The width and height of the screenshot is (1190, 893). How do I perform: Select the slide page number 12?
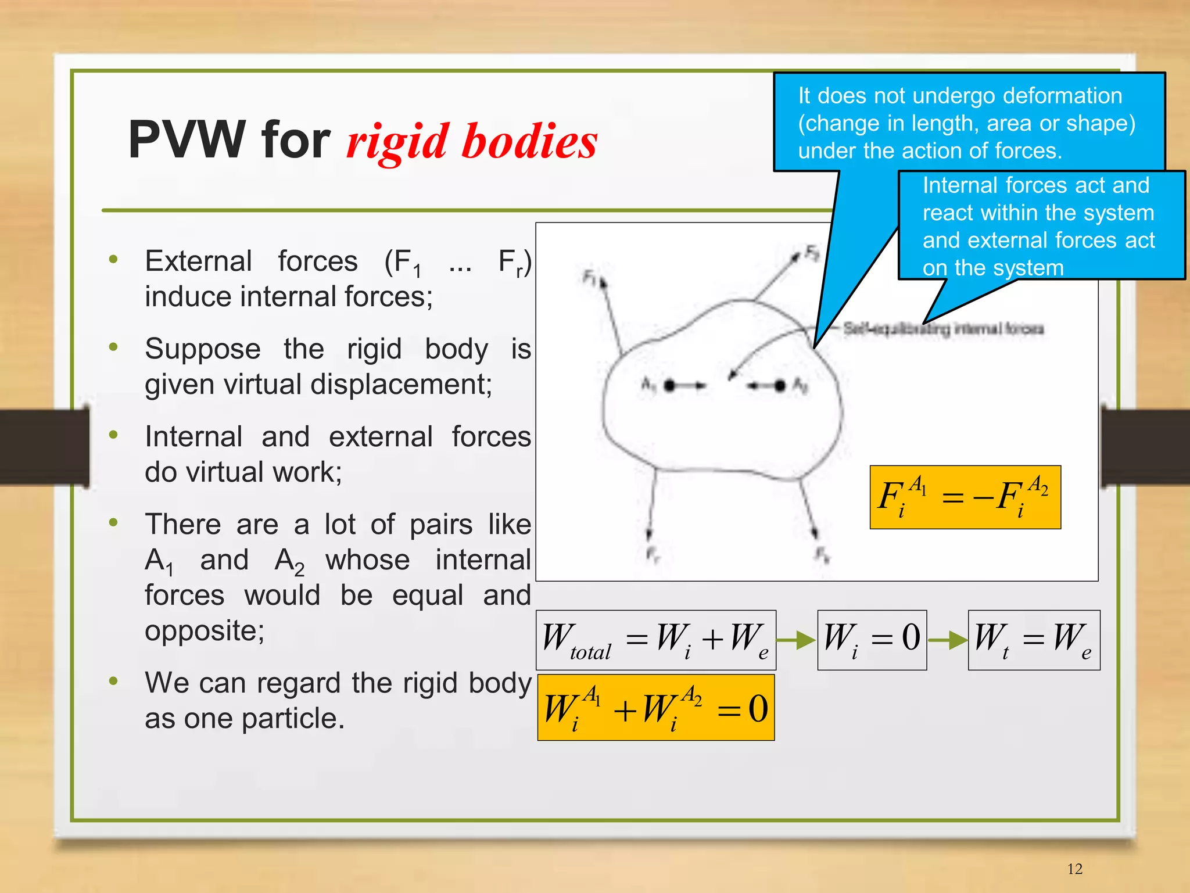tap(1074, 869)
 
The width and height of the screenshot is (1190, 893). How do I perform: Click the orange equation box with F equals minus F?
tap(965, 497)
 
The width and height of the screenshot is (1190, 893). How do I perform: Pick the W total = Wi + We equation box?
tap(655, 640)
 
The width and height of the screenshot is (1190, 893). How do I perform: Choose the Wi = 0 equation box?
tap(872, 640)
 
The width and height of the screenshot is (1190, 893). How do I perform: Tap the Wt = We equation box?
tap(1034, 640)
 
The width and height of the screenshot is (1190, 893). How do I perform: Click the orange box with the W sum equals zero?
tap(655, 707)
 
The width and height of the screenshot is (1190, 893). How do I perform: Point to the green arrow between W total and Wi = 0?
tap(796, 640)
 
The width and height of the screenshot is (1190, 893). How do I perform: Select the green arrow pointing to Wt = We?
tap(947, 640)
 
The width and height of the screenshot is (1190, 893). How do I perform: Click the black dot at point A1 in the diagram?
tap(669, 385)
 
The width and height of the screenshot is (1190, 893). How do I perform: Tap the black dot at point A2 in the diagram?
tap(780, 385)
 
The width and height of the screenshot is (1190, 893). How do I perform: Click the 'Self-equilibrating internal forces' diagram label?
tap(943, 329)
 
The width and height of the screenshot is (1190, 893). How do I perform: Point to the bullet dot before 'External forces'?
tap(113, 259)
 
